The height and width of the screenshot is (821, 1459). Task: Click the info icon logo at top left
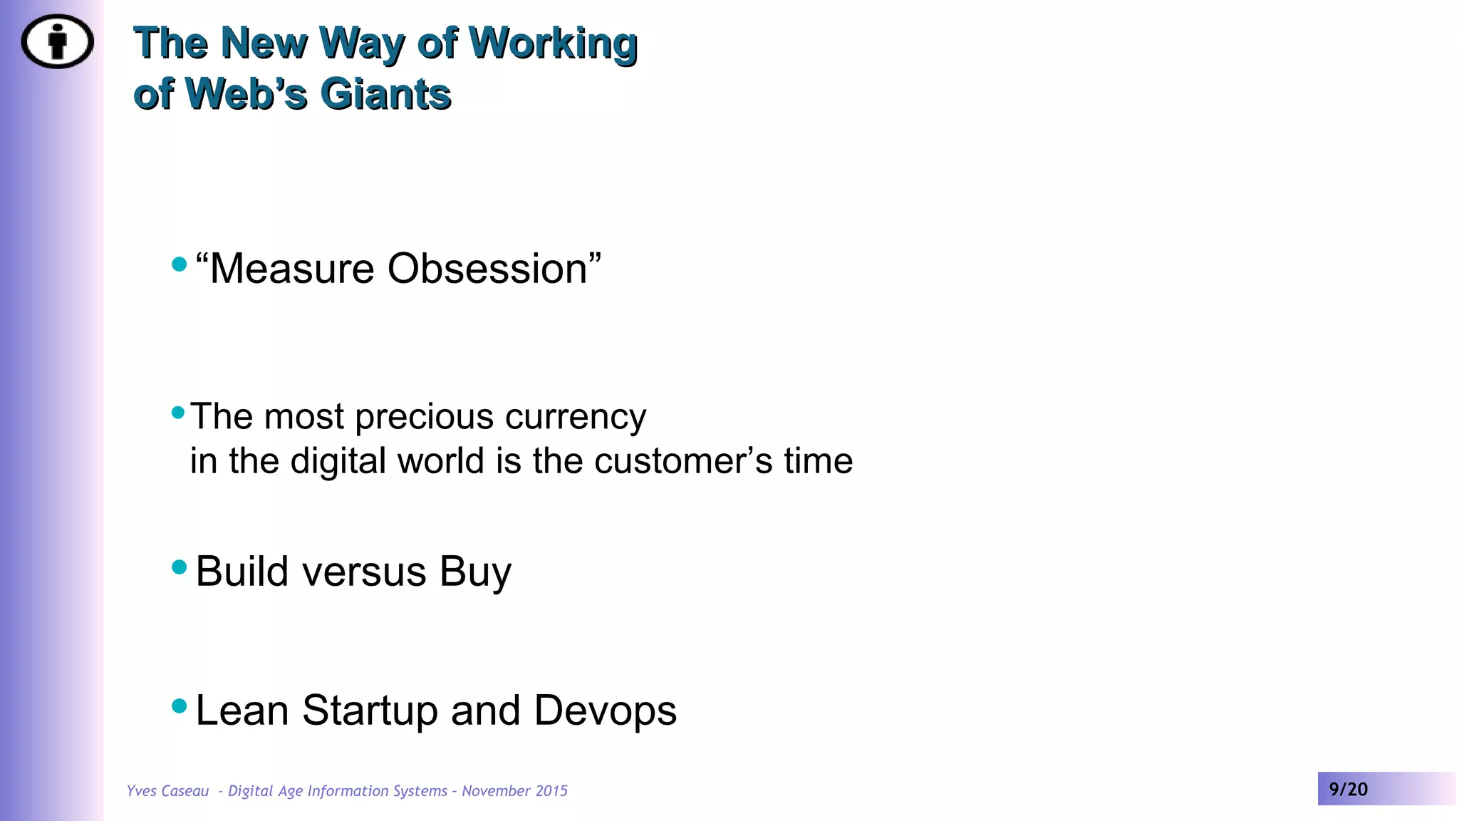pos(57,41)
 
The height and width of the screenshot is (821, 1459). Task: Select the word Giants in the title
pos(385,94)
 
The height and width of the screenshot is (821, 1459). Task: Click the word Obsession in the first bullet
pos(487,269)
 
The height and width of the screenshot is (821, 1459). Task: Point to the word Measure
pos(292,269)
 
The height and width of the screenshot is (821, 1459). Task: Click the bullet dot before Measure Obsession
pos(180,264)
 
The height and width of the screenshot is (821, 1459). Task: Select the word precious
pos(424,417)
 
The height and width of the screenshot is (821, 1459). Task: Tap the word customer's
pos(683,461)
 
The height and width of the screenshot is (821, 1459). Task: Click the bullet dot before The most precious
pos(178,412)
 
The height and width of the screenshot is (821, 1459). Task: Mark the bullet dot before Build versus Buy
pos(180,567)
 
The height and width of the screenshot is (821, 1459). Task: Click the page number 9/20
pos(1348,789)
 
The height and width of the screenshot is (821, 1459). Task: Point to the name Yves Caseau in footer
pos(167,791)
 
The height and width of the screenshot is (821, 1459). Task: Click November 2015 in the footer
pos(514,791)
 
